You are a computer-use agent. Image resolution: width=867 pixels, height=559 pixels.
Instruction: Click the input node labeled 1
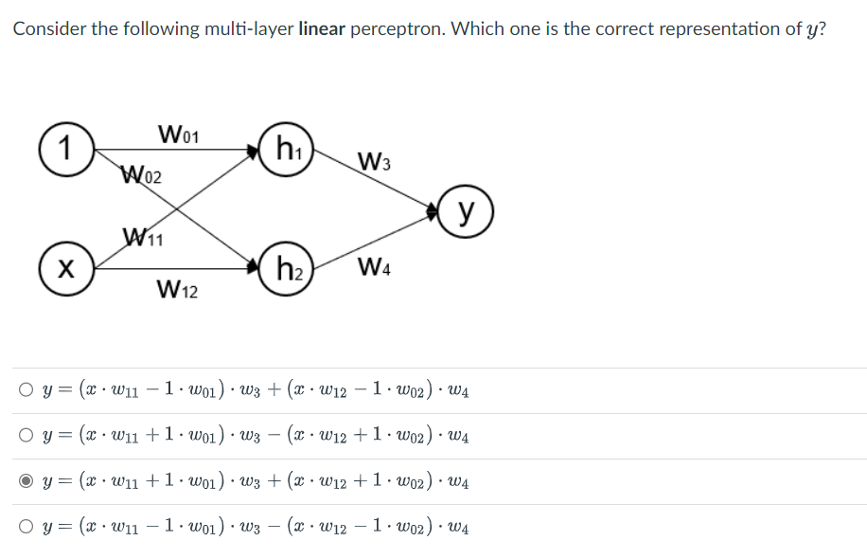coord(63,149)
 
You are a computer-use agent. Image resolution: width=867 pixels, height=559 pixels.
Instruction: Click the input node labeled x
coord(63,269)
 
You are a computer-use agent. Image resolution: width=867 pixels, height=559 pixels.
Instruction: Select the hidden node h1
coord(286,149)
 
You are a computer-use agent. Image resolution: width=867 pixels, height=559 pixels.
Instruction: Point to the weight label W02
coord(142,175)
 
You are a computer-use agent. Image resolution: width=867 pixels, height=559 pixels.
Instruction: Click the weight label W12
coord(178,287)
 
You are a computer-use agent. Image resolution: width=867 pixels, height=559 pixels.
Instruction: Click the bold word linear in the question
coord(321,28)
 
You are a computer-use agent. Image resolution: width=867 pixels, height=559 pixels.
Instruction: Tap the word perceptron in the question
coord(397,29)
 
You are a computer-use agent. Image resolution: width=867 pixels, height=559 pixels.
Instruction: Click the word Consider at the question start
coord(48,28)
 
